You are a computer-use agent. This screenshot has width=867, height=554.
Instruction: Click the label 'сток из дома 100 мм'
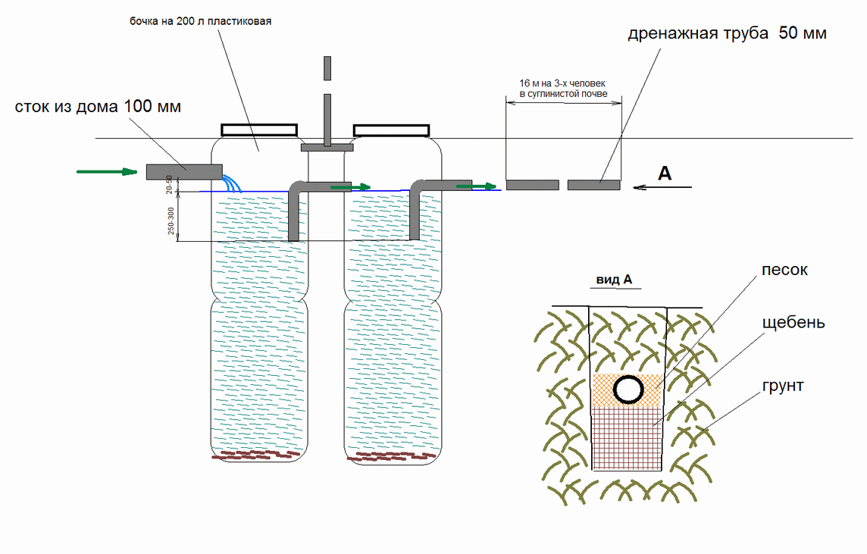[x=98, y=107]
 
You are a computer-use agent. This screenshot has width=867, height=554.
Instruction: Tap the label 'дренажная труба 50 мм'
[x=727, y=34]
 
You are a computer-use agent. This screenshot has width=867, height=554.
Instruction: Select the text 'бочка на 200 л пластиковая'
[x=200, y=21]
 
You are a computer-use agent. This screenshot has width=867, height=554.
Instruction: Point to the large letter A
[x=664, y=174]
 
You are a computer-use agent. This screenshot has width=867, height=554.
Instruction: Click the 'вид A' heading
[x=615, y=280]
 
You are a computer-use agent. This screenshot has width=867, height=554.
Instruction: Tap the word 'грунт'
[x=784, y=386]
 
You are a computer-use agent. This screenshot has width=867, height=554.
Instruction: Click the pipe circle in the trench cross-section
[x=628, y=390]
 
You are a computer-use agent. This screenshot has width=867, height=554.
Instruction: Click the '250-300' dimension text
[x=171, y=221]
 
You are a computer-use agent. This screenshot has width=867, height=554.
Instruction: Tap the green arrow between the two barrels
[x=351, y=186]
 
